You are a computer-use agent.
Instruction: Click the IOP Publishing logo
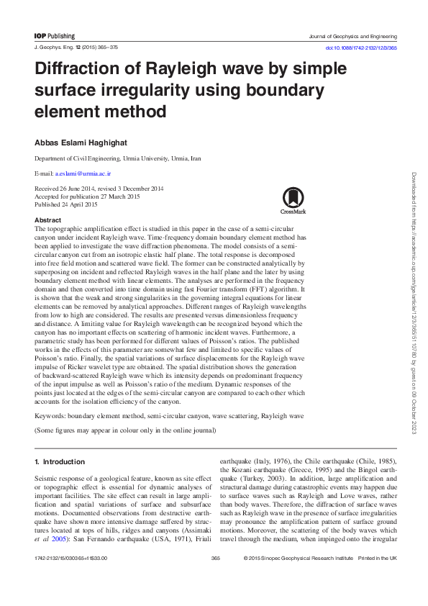tap(54, 35)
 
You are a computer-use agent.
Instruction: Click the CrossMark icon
tap(293, 201)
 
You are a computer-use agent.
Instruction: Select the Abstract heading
tap(47, 220)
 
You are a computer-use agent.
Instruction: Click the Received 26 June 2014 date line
tap(99, 189)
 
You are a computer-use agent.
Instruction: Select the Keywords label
tap(51, 415)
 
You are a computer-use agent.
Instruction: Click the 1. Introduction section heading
tap(60, 461)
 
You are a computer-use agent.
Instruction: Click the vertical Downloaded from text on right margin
tap(414, 302)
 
